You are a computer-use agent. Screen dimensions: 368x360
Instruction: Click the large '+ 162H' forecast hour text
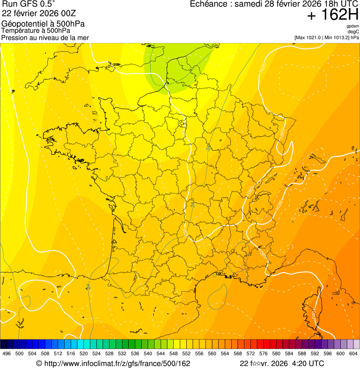pyautogui.click(x=332, y=15)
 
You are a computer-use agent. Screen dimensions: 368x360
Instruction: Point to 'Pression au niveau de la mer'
pyautogui.click(x=45, y=37)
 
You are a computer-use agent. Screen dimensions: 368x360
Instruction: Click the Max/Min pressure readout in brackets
pyautogui.click(x=327, y=37)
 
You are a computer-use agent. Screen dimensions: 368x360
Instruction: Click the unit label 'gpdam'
pyautogui.click(x=353, y=26)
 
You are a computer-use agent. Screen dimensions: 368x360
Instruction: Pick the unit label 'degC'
pyautogui.click(x=353, y=31)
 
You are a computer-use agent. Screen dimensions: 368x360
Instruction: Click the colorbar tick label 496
pyautogui.click(x=7, y=354)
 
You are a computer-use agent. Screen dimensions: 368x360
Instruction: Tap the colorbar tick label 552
pyautogui.click(x=186, y=354)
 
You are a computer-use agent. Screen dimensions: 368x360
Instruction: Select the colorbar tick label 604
pyautogui.click(x=353, y=354)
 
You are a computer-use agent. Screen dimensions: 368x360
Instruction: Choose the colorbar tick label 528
pyautogui.click(x=109, y=354)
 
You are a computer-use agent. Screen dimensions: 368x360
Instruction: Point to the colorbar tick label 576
pyautogui.click(x=264, y=354)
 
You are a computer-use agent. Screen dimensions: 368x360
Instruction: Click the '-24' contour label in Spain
pyautogui.click(x=88, y=286)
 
